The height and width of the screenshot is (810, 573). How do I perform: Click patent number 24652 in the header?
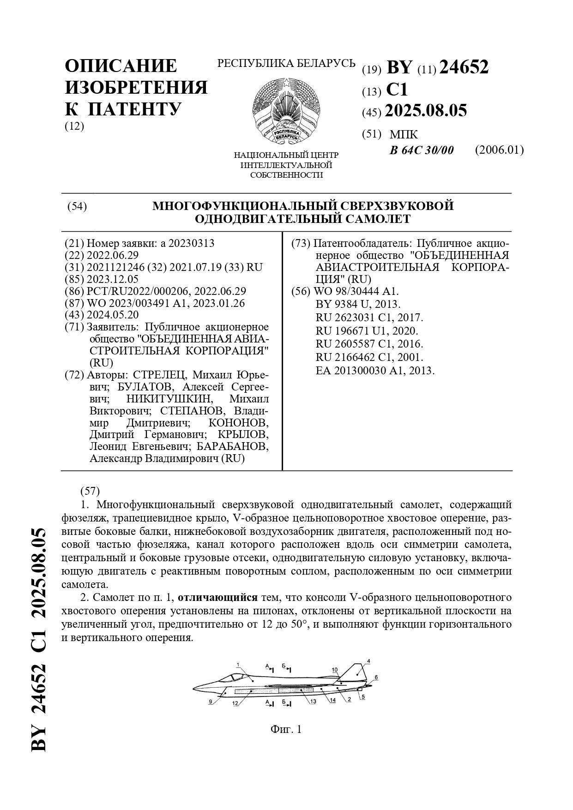click(x=464, y=68)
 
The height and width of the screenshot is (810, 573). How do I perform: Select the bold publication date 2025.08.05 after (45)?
click(x=426, y=111)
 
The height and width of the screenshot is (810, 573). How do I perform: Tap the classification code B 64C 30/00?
click(x=422, y=150)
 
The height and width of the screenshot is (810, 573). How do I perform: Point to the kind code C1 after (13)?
click(x=397, y=90)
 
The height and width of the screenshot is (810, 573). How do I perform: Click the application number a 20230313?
click(x=187, y=243)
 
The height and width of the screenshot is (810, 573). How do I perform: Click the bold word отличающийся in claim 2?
click(x=217, y=598)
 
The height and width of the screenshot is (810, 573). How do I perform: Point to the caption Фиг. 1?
click(x=286, y=729)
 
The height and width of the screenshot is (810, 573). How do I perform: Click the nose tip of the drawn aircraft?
click(x=194, y=689)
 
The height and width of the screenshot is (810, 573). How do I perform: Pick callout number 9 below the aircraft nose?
click(x=211, y=702)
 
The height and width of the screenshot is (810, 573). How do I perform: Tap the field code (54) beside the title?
click(x=77, y=206)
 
